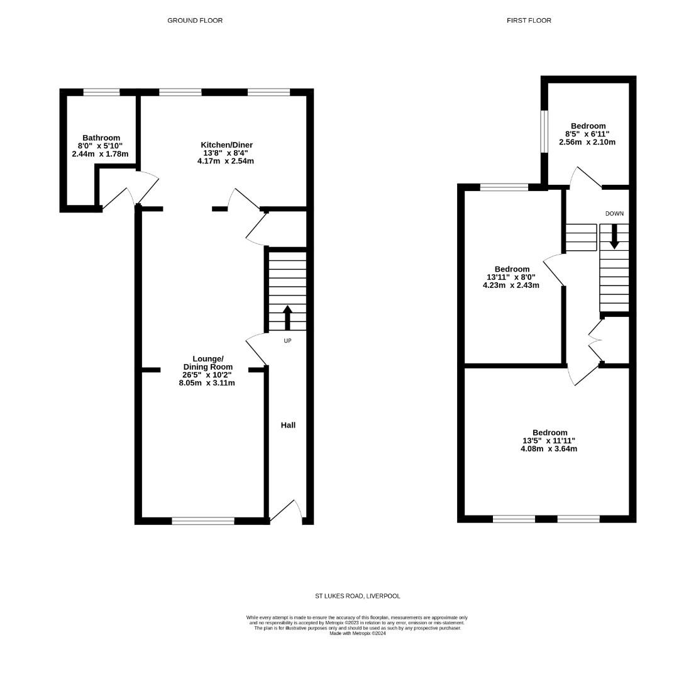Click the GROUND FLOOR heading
[x=195, y=20]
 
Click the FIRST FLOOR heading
[x=529, y=20]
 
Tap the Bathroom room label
[x=101, y=138]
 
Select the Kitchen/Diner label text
[x=226, y=145]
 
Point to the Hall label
[x=288, y=425]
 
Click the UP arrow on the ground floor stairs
[x=288, y=317]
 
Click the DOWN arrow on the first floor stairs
[x=614, y=236]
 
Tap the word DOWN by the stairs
[x=614, y=214]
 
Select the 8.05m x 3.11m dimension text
[x=207, y=383]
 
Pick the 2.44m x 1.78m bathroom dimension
[x=100, y=154]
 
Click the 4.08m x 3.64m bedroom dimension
[x=549, y=449]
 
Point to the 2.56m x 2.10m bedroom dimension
[x=587, y=142]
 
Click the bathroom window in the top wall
[x=101, y=92]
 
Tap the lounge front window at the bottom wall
[x=202, y=521]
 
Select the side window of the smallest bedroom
[x=544, y=131]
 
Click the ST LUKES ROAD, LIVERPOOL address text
[x=357, y=596]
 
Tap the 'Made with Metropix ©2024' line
[x=357, y=633]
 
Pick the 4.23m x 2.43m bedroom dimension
[x=511, y=285]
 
